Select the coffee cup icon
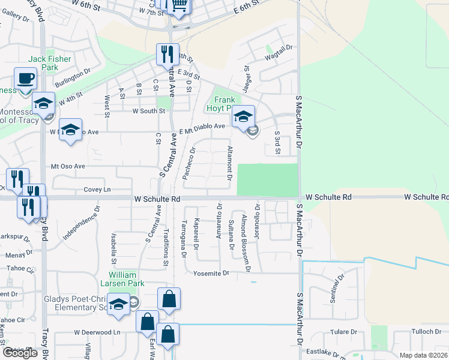tap(25, 79)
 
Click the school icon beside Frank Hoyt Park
tap(243, 116)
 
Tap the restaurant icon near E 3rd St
tap(167, 54)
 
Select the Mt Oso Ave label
tap(68, 166)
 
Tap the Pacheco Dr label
tap(193, 158)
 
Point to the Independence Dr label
tap(80, 223)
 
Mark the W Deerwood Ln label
tap(97, 332)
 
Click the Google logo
tap(20, 353)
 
